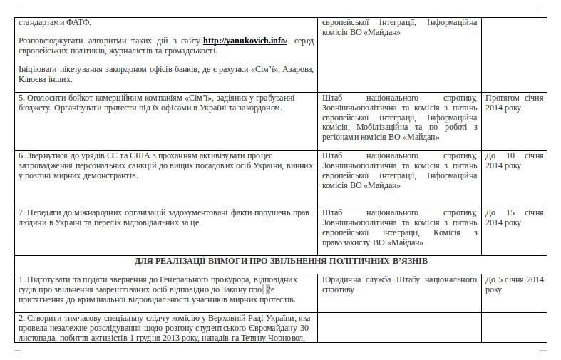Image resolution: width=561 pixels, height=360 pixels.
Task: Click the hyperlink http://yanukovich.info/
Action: pos(245,41)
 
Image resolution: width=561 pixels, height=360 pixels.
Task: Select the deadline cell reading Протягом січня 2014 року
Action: pos(515,103)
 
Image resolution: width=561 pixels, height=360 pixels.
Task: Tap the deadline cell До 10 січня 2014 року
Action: pos(515,160)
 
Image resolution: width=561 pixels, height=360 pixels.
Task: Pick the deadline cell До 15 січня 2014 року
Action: pos(515,217)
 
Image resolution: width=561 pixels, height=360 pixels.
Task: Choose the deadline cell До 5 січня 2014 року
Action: pos(515,284)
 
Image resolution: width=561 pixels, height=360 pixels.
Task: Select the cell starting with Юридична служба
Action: pos(399,284)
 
